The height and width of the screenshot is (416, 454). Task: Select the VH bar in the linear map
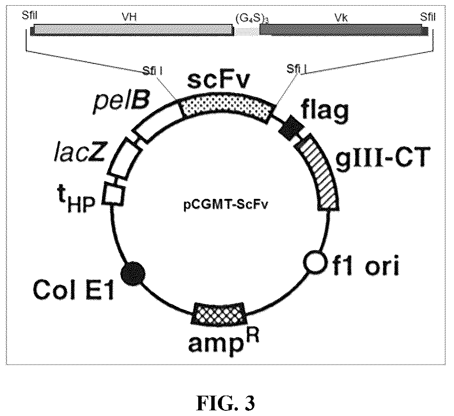[132, 30]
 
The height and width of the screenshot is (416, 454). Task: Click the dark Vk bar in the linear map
[344, 30]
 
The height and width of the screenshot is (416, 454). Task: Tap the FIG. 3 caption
[226, 403]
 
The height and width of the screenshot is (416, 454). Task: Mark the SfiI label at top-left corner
[30, 15]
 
